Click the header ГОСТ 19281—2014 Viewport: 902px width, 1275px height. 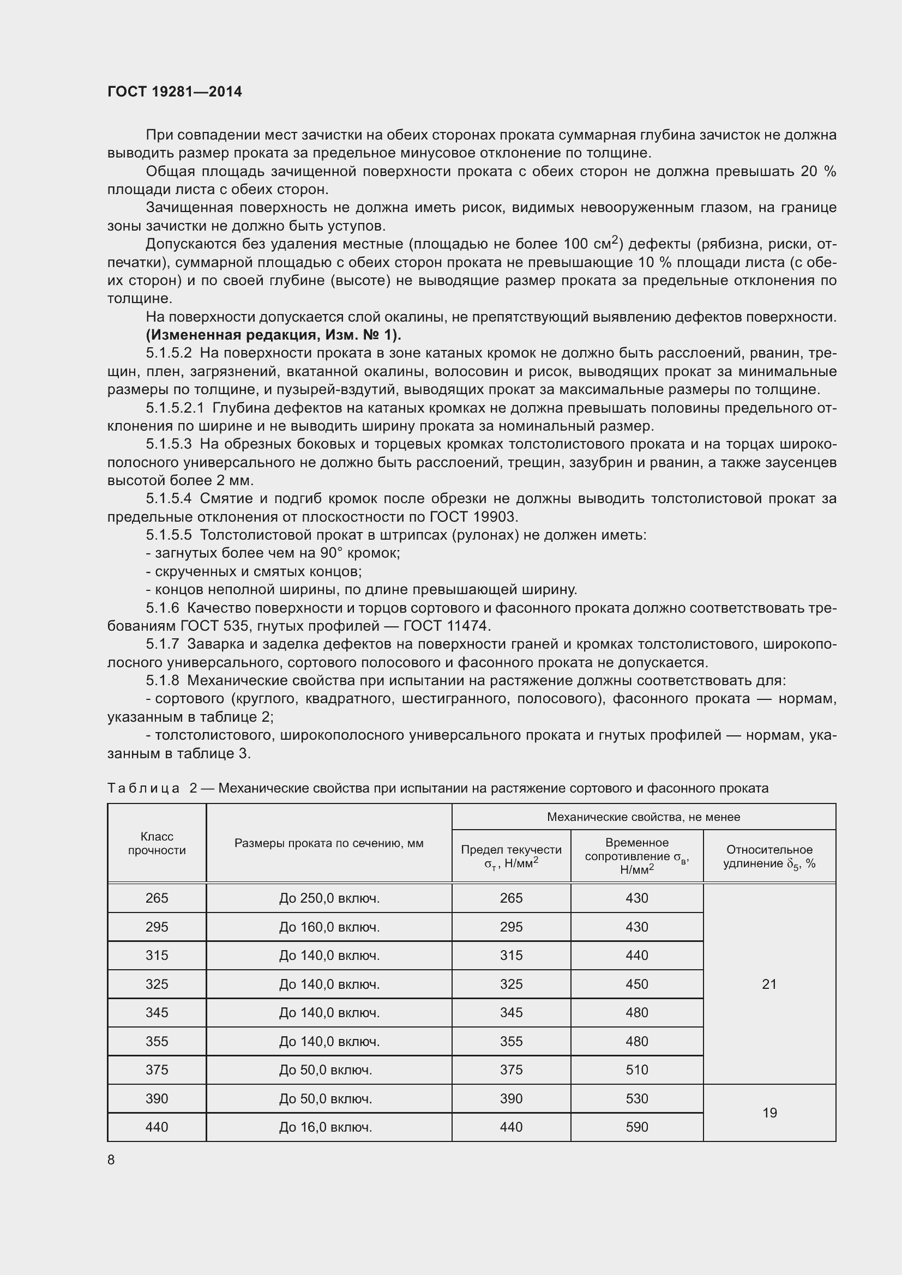pos(175,92)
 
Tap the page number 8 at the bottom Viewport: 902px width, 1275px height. pos(111,1159)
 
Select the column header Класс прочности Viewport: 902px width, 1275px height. pos(157,843)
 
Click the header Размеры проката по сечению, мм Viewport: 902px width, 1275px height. pos(329,843)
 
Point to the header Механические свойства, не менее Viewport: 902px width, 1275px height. pos(643,817)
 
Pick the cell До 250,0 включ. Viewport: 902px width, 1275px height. pos(329,898)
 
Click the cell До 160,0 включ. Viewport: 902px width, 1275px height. pos(329,927)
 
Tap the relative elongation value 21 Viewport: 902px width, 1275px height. pos(769,984)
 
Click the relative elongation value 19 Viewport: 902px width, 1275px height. pos(769,1113)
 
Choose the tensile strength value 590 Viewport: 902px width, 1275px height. pos(636,1127)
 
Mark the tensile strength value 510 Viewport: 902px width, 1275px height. pos(636,1069)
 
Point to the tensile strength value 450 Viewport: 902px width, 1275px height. pos(636,984)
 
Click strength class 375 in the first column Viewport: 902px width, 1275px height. pos(157,1069)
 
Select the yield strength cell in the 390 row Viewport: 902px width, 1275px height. pos(511,1098)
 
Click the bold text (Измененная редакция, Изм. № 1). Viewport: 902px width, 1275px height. pos(273,335)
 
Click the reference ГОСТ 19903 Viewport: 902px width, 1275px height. pos(473,517)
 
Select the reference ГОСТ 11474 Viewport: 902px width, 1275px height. pos(447,626)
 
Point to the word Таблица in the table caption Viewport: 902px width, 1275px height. pos(143,788)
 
